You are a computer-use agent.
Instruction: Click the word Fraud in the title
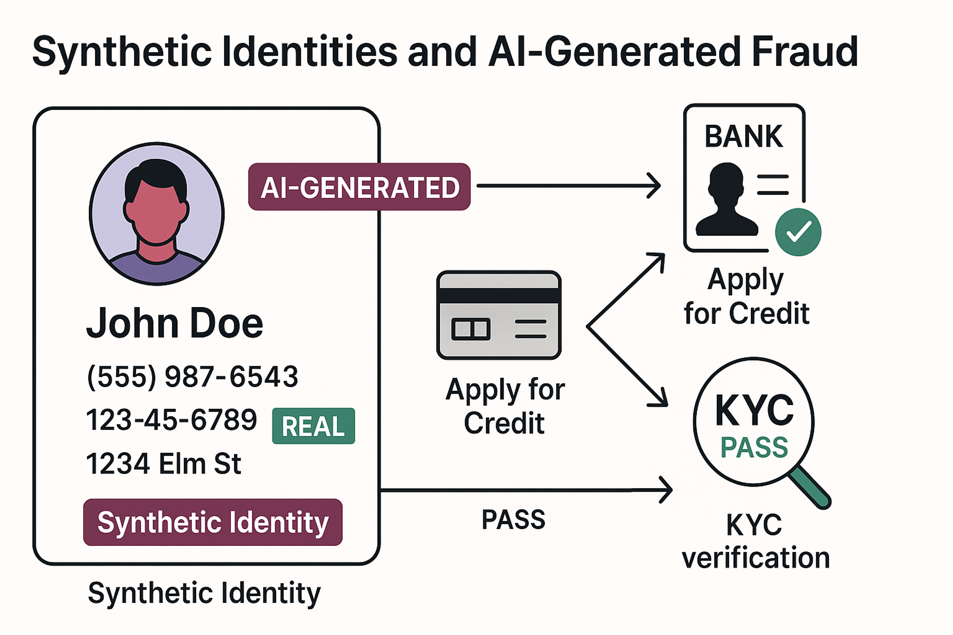click(804, 52)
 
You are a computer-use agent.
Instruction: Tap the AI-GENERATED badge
click(359, 187)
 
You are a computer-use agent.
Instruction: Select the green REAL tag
click(313, 426)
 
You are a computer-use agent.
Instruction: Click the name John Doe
click(175, 323)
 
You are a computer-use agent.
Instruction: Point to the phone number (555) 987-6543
click(193, 377)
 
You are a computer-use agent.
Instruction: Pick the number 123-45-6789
click(171, 419)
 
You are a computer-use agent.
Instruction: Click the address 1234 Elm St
click(164, 464)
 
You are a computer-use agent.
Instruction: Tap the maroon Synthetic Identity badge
click(213, 522)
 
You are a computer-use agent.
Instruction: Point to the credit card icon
click(499, 315)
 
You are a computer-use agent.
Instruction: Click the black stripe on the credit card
click(499, 296)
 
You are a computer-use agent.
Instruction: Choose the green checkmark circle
click(798, 232)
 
